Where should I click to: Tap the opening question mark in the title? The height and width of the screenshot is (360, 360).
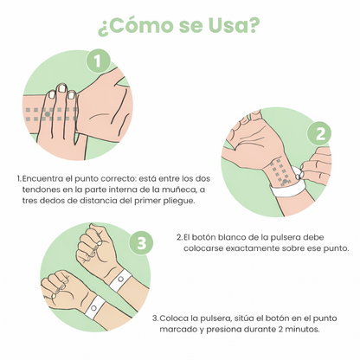coord(103,29)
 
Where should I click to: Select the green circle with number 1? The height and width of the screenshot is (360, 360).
coord(99,61)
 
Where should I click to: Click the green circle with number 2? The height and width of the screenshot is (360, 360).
coord(320,134)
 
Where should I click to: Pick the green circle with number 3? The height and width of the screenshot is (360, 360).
coord(141,243)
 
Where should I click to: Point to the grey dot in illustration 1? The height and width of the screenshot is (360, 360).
coord(48,114)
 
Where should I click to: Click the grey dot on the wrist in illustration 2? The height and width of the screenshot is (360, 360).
coord(285,181)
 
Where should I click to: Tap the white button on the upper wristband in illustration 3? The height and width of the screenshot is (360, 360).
coord(120,279)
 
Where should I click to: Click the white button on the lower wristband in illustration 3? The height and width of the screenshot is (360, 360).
coord(93,308)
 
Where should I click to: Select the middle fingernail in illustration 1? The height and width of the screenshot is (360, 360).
coord(62,88)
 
